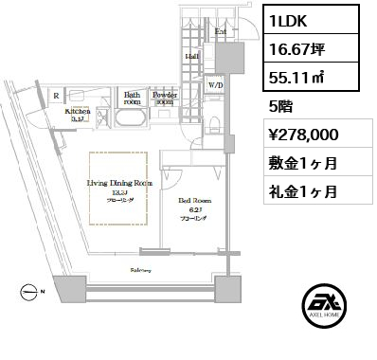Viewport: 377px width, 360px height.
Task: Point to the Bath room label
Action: point(132,98)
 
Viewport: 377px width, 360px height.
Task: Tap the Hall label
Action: point(190,56)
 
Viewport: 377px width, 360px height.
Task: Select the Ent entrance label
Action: point(220,30)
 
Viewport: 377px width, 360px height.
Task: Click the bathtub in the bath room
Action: point(132,119)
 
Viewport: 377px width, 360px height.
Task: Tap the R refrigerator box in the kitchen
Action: point(58,96)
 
